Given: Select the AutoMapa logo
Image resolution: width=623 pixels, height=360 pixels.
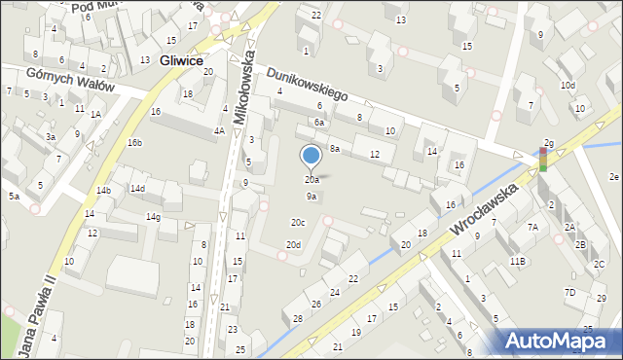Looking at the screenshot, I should click(560, 341).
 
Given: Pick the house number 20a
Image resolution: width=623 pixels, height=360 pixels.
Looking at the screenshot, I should click(311, 180).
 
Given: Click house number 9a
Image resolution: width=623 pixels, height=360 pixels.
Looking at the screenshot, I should click(311, 197).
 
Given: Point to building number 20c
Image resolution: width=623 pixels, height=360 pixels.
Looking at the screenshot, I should click(297, 223).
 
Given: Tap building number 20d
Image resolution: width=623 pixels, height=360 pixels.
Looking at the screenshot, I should click(293, 244).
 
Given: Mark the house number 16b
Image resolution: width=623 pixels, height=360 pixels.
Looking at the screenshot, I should click(134, 143).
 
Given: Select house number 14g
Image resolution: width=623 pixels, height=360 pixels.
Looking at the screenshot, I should click(153, 216).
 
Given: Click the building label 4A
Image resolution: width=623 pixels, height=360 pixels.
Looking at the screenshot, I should click(220, 130).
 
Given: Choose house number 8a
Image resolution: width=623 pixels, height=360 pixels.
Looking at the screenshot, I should click(334, 149).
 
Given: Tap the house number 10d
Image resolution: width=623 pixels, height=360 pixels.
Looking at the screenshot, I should click(568, 86).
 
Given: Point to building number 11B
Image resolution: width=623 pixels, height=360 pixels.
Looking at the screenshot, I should click(517, 262).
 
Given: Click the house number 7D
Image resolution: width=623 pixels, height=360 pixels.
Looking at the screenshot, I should click(569, 292).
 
